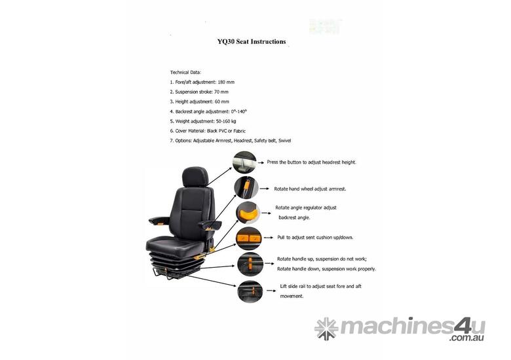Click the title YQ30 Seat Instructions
coord(251,41)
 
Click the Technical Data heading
coord(186,71)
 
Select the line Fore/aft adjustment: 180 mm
coord(202,82)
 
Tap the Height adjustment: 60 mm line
coord(199,101)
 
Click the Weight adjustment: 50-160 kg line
coord(202,122)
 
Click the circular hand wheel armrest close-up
coord(246,188)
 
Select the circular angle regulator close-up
coord(248,213)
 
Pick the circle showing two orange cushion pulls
coord(248,238)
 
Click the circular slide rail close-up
coord(249,291)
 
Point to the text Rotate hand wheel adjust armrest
coord(310,189)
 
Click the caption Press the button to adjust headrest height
coord(311,162)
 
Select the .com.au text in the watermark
coord(466,338)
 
